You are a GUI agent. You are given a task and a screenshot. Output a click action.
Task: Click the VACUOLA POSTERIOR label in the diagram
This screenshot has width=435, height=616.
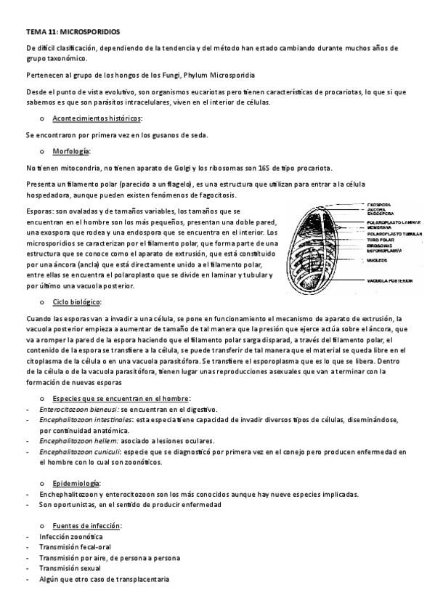[x=389, y=280]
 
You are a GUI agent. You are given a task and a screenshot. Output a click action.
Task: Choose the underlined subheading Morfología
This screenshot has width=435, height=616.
[x=71, y=152]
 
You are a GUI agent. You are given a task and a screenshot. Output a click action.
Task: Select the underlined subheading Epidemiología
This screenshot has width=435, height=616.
[x=77, y=483]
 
